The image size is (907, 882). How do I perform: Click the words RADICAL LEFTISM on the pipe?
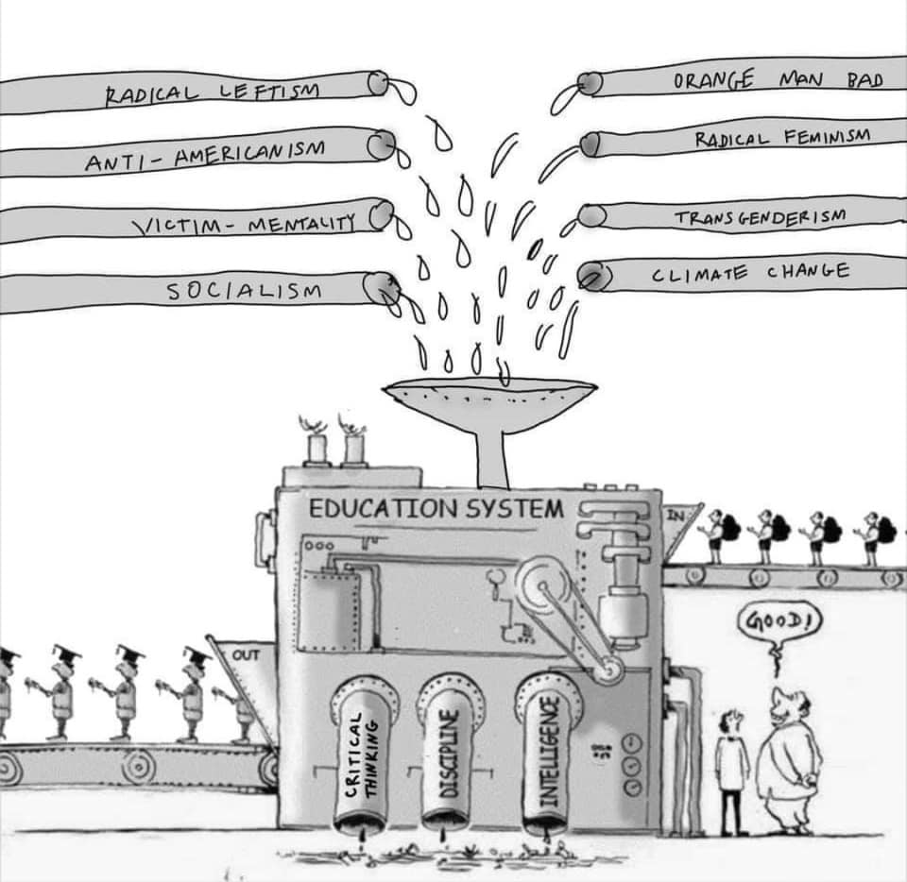click(213, 92)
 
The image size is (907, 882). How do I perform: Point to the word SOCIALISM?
click(245, 291)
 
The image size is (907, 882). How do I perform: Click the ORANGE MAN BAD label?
click(777, 80)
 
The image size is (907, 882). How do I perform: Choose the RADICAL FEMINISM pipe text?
click(781, 139)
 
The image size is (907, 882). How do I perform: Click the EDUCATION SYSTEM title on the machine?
click(436, 508)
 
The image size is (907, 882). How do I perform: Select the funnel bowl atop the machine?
click(489, 394)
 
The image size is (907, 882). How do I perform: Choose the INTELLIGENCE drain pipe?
click(548, 755)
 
